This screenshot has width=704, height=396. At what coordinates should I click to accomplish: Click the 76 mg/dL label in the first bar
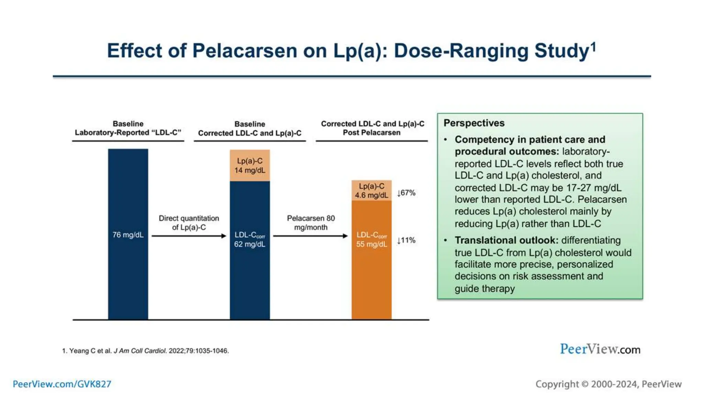click(x=128, y=235)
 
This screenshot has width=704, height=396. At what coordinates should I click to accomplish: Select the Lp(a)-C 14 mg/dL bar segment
click(x=250, y=165)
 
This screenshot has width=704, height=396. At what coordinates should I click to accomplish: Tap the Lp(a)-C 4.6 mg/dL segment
click(x=371, y=190)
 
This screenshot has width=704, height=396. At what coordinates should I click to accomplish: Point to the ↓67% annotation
click(x=406, y=193)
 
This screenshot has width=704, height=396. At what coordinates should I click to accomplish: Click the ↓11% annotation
click(x=406, y=240)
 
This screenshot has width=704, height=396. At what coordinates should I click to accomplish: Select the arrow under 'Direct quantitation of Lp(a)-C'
click(x=189, y=236)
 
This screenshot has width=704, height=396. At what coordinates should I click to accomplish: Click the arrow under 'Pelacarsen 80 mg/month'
click(x=310, y=236)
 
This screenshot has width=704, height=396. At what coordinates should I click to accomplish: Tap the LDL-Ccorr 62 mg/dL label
click(x=250, y=239)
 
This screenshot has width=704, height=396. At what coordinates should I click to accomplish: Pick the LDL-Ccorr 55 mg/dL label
click(x=371, y=239)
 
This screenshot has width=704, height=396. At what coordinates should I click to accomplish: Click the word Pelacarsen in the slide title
click(x=244, y=51)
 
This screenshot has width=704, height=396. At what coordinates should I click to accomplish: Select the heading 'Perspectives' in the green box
click(x=474, y=123)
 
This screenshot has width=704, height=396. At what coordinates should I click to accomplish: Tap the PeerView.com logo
click(x=600, y=349)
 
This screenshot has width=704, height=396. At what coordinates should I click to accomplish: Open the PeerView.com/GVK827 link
click(x=62, y=384)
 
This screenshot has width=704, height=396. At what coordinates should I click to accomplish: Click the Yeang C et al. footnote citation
click(x=145, y=351)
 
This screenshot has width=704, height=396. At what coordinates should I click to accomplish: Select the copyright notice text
click(x=608, y=384)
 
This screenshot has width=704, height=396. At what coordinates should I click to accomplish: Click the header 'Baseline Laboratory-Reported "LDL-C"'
click(x=128, y=128)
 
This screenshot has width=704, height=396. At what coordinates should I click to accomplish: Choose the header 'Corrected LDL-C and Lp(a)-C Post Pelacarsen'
click(x=372, y=128)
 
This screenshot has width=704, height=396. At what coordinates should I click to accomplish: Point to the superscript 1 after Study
click(x=593, y=46)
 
